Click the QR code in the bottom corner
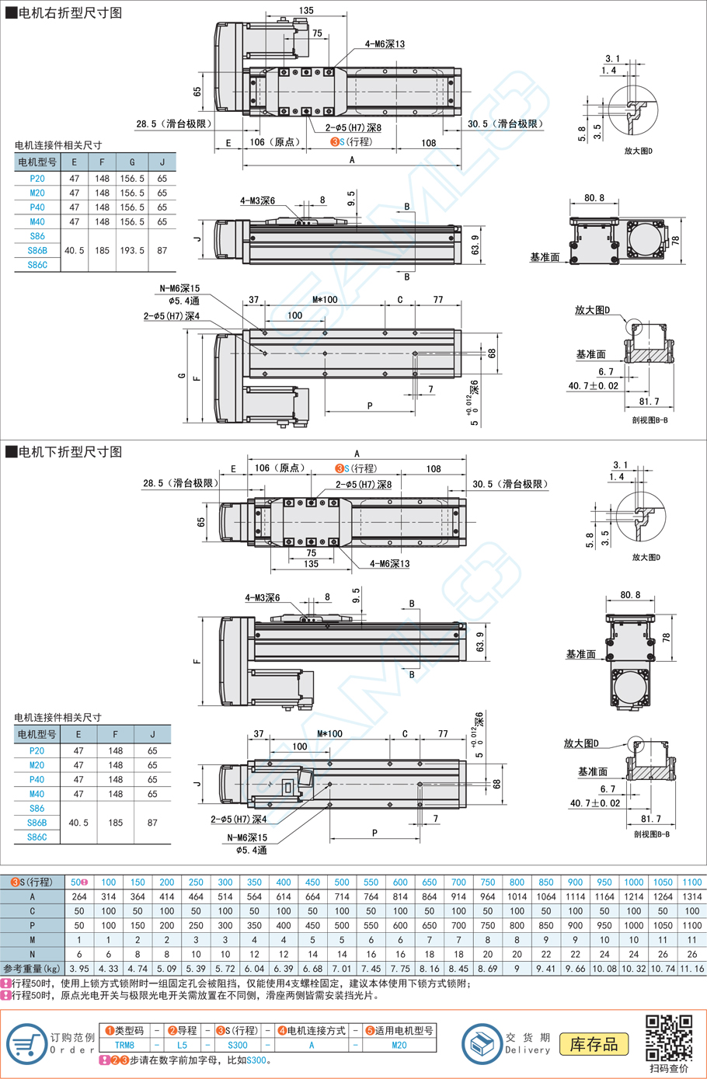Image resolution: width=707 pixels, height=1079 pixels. click(x=669, y=1038)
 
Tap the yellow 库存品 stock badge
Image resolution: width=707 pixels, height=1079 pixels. click(x=594, y=1044)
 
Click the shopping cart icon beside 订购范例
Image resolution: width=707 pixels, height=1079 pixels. click(x=27, y=1043)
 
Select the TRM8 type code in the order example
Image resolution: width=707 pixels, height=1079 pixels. click(x=124, y=1045)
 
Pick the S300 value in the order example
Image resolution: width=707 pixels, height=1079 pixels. click(x=238, y=1045)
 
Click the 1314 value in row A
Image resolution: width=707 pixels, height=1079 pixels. click(x=692, y=896)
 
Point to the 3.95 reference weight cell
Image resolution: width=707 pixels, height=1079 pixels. click(x=79, y=968)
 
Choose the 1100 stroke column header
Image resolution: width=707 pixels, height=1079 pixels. click(x=692, y=882)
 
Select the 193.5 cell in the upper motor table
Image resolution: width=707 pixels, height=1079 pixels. click(x=132, y=250)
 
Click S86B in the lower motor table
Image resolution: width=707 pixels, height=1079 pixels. click(x=37, y=823)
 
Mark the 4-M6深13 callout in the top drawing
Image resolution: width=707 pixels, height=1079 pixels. click(x=385, y=44)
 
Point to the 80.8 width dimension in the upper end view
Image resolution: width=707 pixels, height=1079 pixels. click(x=594, y=198)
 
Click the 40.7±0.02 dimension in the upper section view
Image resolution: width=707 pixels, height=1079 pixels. click(x=593, y=386)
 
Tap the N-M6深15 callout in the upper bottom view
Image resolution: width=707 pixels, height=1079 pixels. click(x=179, y=288)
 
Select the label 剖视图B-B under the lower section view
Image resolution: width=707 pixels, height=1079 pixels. click(x=652, y=834)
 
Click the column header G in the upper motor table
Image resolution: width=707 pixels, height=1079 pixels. click(x=132, y=162)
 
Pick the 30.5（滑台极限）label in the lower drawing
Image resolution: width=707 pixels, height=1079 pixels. click(x=510, y=484)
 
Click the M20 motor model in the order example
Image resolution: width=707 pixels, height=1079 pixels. click(x=399, y=1045)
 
